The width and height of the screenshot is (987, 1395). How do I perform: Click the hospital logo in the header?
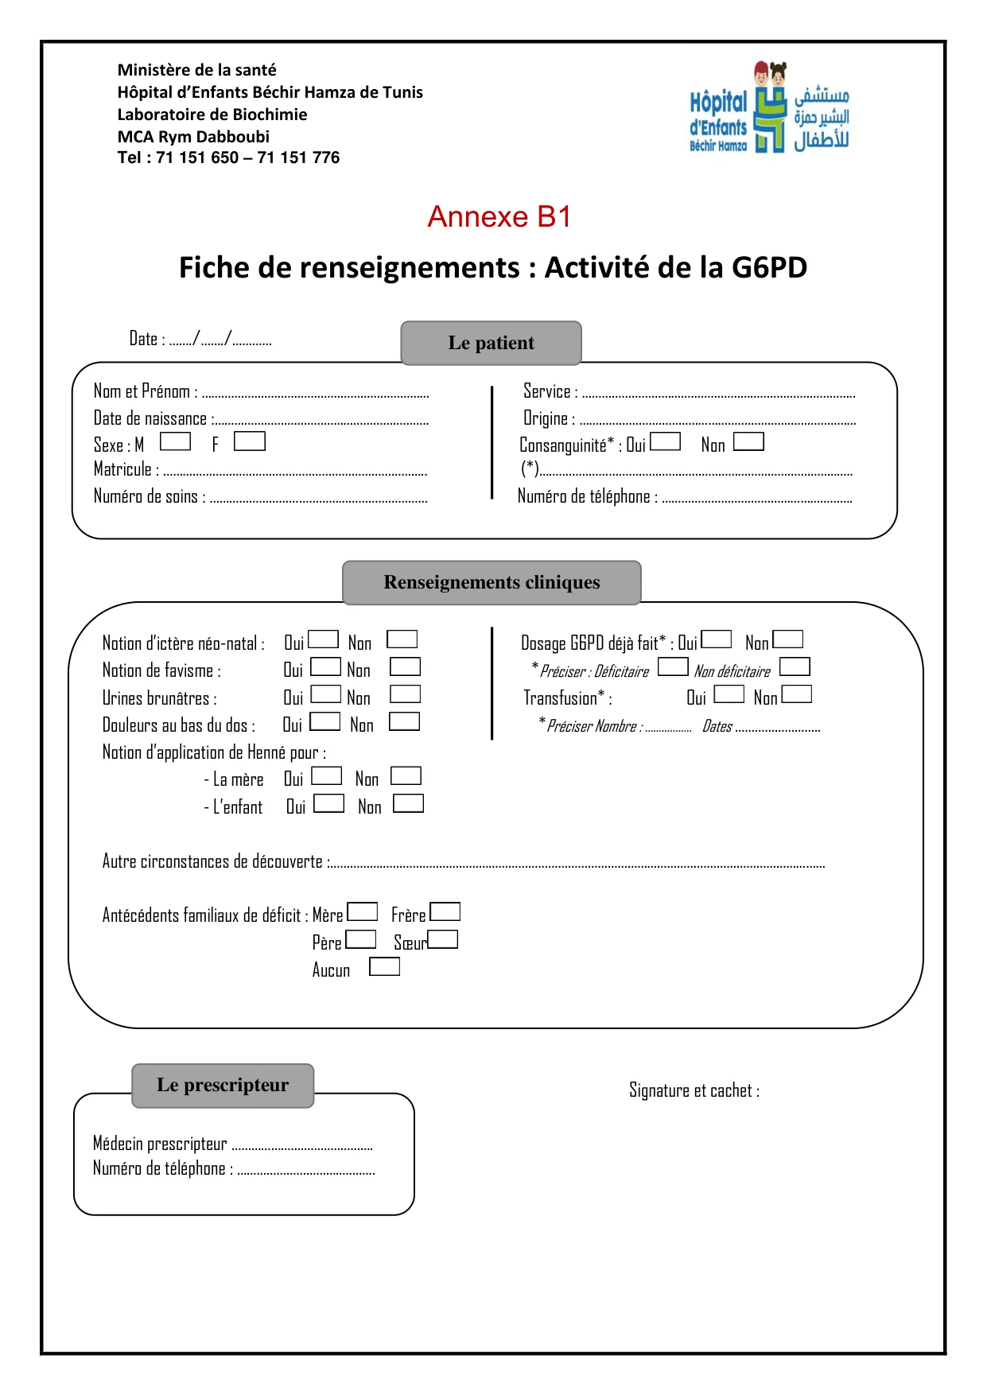(x=768, y=107)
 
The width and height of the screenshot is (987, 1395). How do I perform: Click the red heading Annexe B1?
(x=499, y=216)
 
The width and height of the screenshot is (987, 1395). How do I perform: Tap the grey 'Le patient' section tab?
(x=491, y=343)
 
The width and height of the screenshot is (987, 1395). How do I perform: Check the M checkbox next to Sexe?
(x=175, y=441)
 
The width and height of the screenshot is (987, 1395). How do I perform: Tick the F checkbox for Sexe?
(x=249, y=441)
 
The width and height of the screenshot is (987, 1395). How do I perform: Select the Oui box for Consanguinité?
(x=665, y=441)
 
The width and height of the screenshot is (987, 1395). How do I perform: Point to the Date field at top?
(x=200, y=340)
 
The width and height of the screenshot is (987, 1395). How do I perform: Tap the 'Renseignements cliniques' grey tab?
(x=492, y=582)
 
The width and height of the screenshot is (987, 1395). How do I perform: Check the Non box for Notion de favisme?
(x=405, y=667)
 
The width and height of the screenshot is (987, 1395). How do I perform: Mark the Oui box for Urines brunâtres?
(x=325, y=694)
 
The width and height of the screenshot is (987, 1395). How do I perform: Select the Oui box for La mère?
(x=326, y=775)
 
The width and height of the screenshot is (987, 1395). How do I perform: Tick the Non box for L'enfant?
(x=408, y=803)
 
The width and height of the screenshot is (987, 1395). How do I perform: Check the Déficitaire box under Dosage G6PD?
(x=673, y=666)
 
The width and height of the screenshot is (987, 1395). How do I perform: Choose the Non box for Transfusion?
(x=796, y=694)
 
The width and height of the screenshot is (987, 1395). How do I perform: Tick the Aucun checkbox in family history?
(x=384, y=967)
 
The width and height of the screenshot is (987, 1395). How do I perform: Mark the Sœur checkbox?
(x=443, y=940)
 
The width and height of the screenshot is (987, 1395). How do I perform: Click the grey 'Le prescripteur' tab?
(x=223, y=1085)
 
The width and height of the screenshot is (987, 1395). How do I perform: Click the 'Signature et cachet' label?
(x=694, y=1090)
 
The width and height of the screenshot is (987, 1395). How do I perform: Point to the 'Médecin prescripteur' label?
(x=160, y=1144)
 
